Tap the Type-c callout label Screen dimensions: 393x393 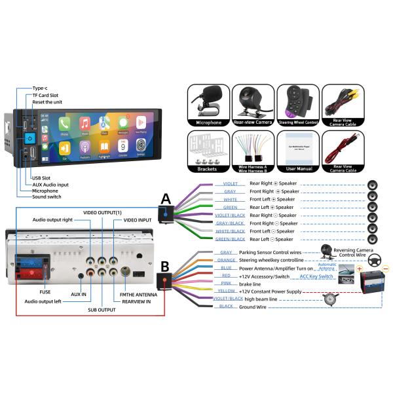pos(41,88)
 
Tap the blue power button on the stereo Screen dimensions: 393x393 pos(30,139)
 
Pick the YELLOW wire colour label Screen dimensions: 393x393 pos(227,291)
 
